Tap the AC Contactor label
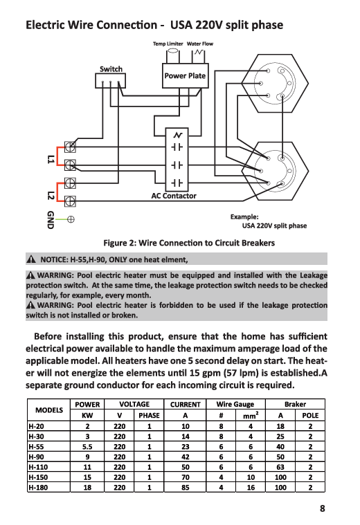click(174, 196)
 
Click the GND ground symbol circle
click(71, 220)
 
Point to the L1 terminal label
click(51, 159)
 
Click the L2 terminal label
click(51, 195)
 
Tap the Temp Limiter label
click(168, 44)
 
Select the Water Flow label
click(200, 44)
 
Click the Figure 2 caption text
click(189, 243)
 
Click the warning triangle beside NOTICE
click(31, 259)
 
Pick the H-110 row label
click(38, 467)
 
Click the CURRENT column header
click(185, 405)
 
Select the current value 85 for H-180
click(186, 488)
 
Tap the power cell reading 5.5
click(87, 447)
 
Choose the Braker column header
click(295, 405)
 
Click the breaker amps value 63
click(280, 467)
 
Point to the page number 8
click(322, 508)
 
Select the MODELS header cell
click(49, 410)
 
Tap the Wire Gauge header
click(235, 405)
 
